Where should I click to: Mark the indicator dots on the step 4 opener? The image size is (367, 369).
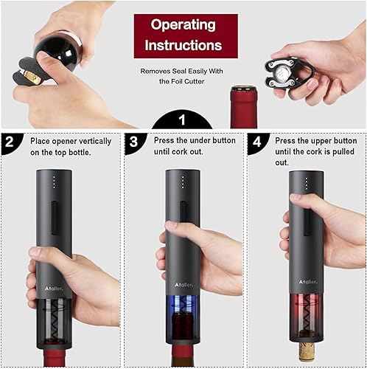[304, 182]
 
